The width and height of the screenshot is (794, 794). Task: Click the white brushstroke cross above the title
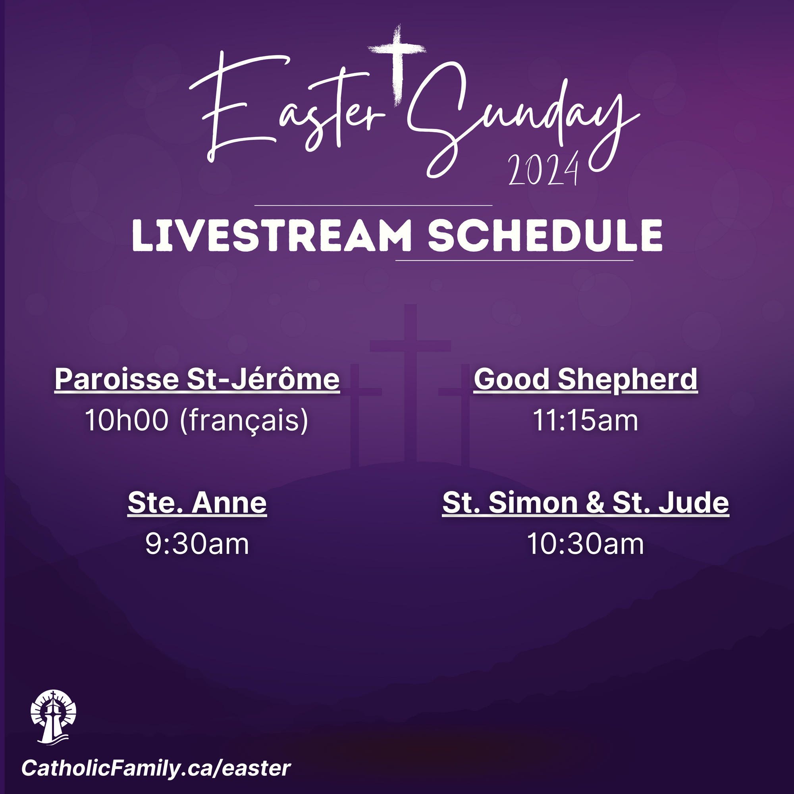pos(397,62)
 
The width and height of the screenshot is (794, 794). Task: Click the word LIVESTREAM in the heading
pos(272,235)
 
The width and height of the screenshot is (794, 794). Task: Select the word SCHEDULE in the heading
pos(545,235)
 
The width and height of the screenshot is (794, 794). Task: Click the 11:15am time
pos(585,420)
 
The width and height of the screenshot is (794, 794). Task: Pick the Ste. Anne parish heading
pos(197,503)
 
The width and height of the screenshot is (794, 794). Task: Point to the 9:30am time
pos(197,544)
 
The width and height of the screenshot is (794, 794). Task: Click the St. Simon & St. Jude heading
pos(585,503)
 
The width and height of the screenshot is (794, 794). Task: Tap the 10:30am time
pos(585,544)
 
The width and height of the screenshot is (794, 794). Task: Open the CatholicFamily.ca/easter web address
pos(156,769)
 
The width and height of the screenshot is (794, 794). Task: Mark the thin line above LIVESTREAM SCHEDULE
pos(373,205)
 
